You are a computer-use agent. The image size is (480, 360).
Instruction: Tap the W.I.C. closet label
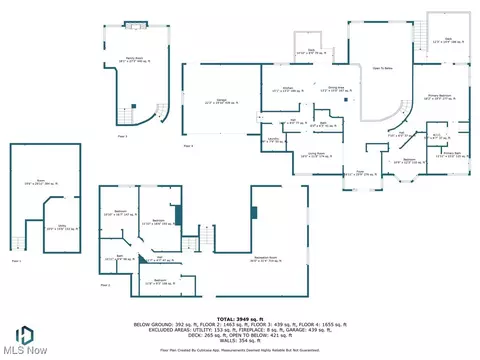click(x=436, y=137)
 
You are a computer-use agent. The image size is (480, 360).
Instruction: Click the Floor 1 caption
click(x=16, y=260)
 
